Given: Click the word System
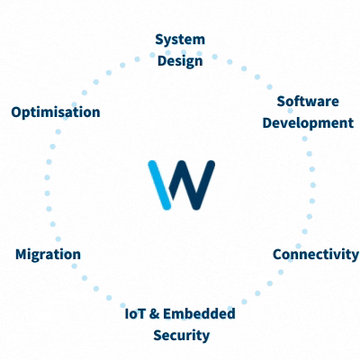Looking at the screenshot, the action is [x=180, y=40].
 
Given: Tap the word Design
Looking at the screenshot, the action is [x=180, y=61].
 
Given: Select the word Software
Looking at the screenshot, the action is [x=308, y=102].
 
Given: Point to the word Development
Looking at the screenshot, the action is [x=308, y=123].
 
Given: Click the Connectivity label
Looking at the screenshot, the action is [x=316, y=255].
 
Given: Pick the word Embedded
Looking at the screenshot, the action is [x=199, y=314].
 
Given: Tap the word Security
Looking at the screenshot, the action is [x=182, y=336].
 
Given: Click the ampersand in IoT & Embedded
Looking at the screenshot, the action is [x=154, y=314].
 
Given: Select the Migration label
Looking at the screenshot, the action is [x=48, y=255].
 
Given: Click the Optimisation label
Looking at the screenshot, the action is [x=56, y=112].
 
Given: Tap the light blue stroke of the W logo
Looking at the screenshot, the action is [x=159, y=184].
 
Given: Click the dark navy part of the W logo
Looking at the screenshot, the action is [x=192, y=184].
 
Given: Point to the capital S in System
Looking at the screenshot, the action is [x=159, y=40].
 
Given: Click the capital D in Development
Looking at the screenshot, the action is [x=267, y=123].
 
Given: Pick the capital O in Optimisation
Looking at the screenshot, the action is [x=17, y=112].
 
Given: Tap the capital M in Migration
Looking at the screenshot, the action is [x=22, y=255].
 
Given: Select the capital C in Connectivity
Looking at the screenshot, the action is [x=277, y=255].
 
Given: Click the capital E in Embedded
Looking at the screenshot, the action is [x=167, y=314].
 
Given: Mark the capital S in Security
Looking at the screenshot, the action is [x=157, y=336].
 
